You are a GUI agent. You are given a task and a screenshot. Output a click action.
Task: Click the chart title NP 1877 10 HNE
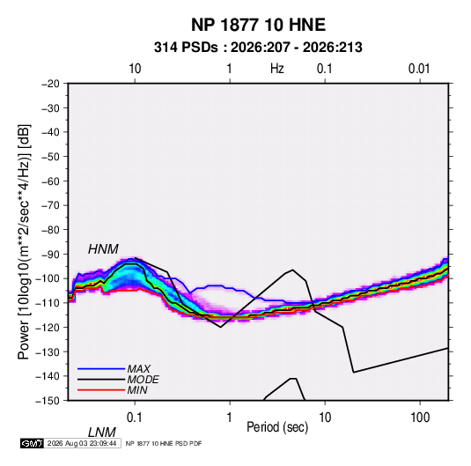[x=258, y=25]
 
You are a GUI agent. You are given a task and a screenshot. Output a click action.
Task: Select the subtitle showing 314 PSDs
[x=258, y=48]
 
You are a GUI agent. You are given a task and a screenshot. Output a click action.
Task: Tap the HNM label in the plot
[x=103, y=249]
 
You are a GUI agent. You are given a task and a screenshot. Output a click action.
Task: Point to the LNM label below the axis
[x=101, y=433]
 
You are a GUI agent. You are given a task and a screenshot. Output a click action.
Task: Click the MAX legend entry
[x=138, y=368]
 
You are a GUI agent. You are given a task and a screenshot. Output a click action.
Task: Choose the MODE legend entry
[x=143, y=380]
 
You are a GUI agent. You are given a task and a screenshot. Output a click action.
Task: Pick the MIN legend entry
[x=137, y=390]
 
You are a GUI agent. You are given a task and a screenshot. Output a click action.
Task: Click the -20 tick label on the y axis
[x=50, y=84]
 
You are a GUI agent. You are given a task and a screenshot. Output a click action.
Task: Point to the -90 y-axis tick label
[x=50, y=255]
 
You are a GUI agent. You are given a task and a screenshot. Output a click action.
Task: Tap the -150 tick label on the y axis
[x=48, y=401]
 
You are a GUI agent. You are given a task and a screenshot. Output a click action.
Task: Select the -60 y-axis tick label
[x=50, y=181]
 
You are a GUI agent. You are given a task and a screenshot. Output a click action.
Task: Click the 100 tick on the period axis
[x=420, y=418]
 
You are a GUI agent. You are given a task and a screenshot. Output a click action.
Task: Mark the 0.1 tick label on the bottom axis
[x=135, y=418]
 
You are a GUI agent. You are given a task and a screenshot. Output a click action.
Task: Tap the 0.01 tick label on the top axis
[x=419, y=69]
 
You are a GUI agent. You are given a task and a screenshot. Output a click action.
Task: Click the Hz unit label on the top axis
[x=277, y=69]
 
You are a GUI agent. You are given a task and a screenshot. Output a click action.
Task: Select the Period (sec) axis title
[x=277, y=427]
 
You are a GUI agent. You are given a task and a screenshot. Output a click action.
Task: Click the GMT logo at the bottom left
[x=32, y=443]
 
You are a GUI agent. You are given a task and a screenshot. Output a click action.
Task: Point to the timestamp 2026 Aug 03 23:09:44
[x=82, y=443]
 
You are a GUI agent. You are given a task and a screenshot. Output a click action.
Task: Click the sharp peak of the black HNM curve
[x=292, y=270]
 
